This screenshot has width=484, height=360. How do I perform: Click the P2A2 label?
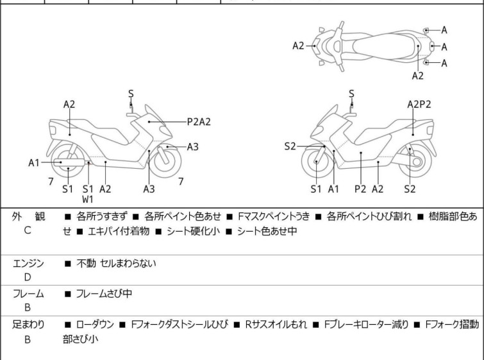tap(199, 120)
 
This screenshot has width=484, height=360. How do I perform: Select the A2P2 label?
tap(419, 103)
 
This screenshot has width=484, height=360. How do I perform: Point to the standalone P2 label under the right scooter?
tap(360, 189)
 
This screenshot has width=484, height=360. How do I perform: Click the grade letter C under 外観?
tap(28, 230)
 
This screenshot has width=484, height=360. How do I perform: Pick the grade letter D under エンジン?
tap(28, 277)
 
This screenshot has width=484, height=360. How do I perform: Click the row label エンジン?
tap(28, 263)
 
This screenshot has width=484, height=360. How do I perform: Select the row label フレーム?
tap(28, 294)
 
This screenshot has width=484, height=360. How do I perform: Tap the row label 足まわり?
tap(28, 325)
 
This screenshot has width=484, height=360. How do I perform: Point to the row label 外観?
tap(28, 217)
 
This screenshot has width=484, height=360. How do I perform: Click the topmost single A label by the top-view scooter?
tap(444, 30)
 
